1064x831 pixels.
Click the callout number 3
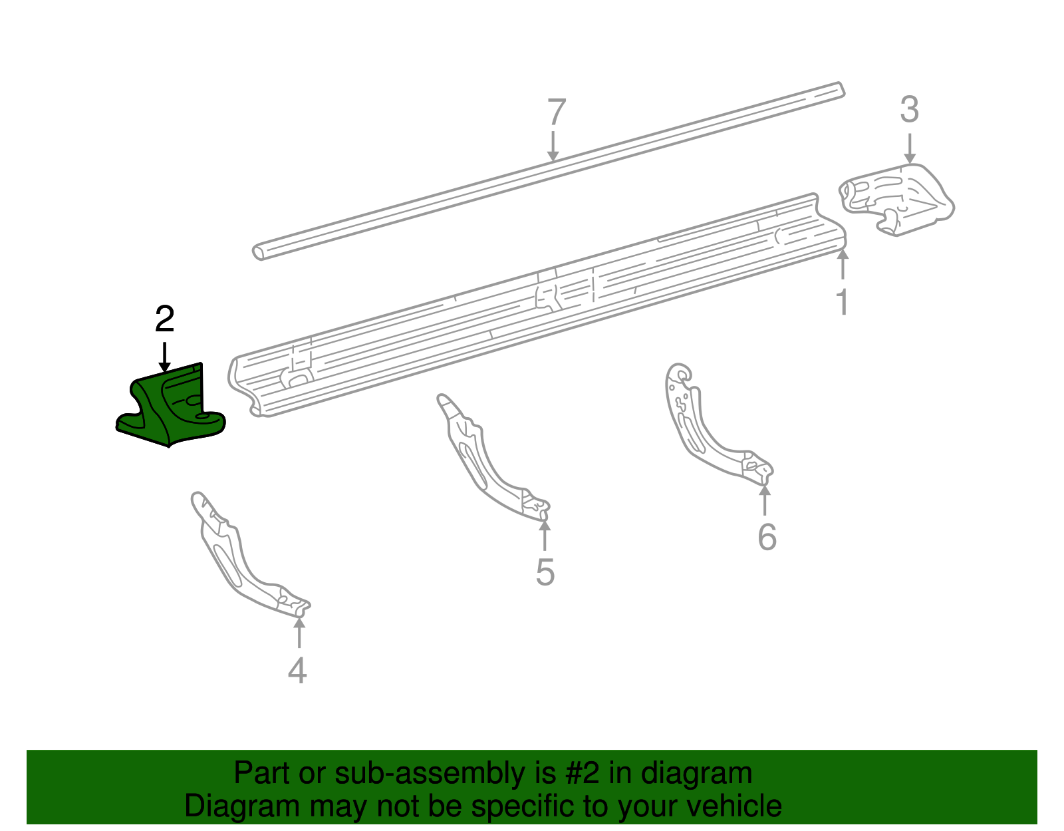point(909,110)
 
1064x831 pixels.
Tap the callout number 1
point(842,302)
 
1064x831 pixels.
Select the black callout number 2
point(164,320)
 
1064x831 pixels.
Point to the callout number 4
point(297,670)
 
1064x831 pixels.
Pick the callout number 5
point(545,572)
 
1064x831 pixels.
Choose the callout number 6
point(767,537)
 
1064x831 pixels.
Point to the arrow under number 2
point(164,357)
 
